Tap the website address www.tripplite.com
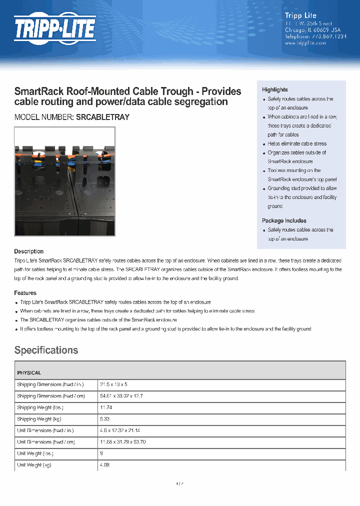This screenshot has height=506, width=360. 305,43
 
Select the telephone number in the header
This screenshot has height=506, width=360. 315,36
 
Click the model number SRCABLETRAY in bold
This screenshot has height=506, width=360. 102,117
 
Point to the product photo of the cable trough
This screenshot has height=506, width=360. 64,181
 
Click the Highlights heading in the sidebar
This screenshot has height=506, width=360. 274,89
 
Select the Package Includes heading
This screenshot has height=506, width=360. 284,220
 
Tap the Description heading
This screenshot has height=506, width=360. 29,251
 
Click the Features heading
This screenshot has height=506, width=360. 25,293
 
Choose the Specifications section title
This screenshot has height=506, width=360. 46,350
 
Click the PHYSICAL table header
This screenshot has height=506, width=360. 29,373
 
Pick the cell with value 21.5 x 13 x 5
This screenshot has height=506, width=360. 114,384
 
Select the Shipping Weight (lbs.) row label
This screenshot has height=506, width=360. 40,407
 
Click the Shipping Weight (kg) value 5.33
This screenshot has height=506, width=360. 105,419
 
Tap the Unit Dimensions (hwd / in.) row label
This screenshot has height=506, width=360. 49,430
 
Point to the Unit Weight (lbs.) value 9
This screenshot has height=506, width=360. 101,453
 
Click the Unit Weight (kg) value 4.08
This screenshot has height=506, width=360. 105,465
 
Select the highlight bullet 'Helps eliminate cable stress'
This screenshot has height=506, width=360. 297,143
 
